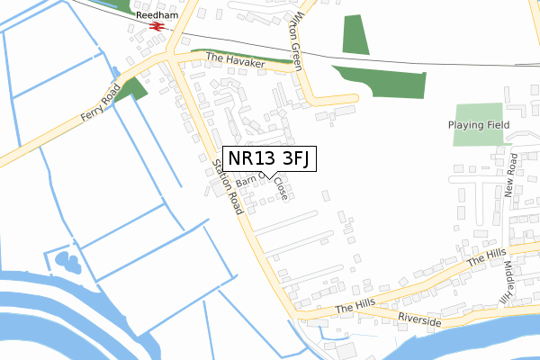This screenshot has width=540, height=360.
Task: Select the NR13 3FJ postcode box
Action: (269, 158)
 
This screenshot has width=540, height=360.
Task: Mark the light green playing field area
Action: (477, 124)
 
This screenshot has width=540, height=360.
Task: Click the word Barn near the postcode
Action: (247, 180)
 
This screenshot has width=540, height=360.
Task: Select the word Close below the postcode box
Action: (282, 188)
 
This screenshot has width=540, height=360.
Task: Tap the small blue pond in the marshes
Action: (67, 262)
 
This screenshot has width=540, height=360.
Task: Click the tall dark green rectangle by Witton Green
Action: (355, 34)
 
